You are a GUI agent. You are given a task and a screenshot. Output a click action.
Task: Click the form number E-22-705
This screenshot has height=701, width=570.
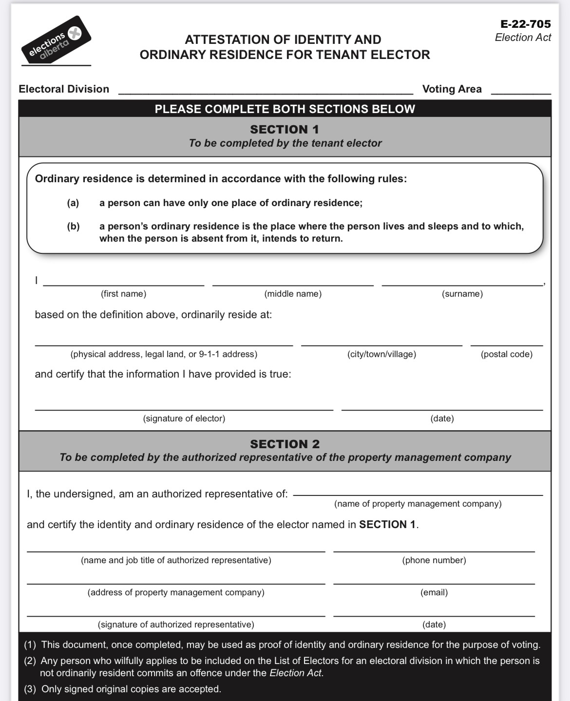click(x=525, y=24)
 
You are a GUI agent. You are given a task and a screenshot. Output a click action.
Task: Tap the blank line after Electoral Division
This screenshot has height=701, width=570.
click(x=266, y=93)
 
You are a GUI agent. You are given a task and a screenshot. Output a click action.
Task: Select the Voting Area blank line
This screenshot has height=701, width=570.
click(x=521, y=93)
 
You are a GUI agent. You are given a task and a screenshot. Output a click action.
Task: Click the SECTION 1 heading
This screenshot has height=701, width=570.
click(x=285, y=129)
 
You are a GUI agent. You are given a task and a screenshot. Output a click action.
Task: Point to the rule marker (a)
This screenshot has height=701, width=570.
click(x=73, y=203)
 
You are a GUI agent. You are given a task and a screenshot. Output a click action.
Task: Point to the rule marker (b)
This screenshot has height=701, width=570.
click(x=73, y=226)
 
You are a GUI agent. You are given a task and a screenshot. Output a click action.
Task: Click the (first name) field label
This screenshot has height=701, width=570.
click(x=124, y=294)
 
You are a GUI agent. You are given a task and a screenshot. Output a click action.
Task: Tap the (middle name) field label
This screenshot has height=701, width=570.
click(x=293, y=294)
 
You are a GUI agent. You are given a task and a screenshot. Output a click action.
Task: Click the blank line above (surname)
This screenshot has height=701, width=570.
click(x=462, y=284)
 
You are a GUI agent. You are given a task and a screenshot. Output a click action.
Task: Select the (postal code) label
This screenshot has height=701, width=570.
click(x=507, y=354)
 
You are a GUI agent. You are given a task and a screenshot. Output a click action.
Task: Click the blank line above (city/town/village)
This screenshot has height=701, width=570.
click(x=381, y=344)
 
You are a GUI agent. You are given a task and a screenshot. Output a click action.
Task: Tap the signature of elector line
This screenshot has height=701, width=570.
click(x=184, y=409)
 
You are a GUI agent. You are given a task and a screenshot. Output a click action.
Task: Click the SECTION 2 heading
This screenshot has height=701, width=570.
click(x=285, y=444)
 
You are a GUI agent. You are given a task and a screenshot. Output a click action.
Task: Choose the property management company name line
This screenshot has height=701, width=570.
click(x=418, y=494)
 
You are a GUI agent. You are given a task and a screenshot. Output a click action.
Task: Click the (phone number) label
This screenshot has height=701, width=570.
click(x=434, y=560)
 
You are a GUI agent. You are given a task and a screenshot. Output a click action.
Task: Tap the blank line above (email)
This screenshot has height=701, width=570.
click(x=434, y=583)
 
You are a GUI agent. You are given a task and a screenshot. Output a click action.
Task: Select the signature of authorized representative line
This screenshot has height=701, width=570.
click(x=176, y=615)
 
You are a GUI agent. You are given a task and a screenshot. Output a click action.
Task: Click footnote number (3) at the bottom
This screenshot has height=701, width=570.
click(x=30, y=689)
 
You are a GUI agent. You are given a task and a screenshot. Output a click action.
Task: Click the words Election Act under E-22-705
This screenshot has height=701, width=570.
click(x=523, y=38)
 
